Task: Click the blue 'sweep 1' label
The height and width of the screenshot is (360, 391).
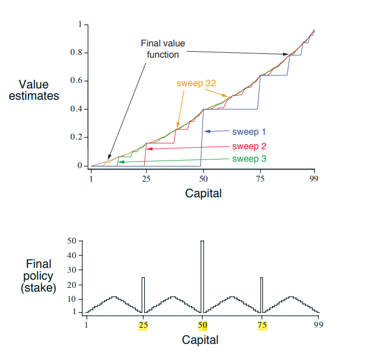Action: [x=249, y=131]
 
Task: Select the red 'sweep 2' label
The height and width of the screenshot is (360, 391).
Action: [x=249, y=146]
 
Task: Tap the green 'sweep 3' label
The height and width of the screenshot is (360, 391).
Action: [x=249, y=159]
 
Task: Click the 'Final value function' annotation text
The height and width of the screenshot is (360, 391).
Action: [x=159, y=49]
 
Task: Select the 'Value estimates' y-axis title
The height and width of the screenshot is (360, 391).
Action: [x=33, y=90]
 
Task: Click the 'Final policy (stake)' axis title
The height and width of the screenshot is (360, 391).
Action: [x=39, y=276]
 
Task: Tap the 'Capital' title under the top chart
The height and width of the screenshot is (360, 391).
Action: [x=203, y=193]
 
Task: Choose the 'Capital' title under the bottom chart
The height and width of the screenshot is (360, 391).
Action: [x=200, y=340]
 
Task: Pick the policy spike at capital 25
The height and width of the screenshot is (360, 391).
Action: [x=143, y=294]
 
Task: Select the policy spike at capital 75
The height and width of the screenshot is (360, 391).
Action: [x=261, y=294]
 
